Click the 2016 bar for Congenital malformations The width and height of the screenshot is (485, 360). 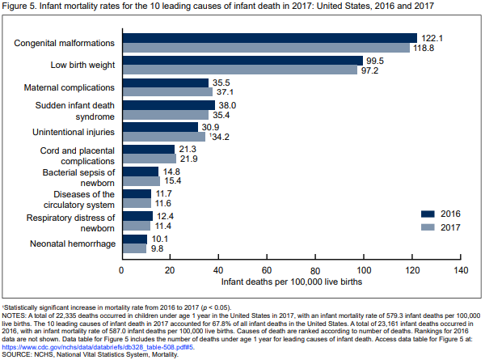tap(269, 38)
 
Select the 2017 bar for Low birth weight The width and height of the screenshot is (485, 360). tap(239, 70)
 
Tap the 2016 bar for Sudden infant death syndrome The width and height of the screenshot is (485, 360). tap(168, 105)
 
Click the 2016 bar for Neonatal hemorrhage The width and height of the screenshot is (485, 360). tap(134, 239)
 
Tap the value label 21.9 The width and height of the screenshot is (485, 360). tap(189, 159)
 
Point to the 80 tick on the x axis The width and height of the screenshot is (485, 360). tap(316, 269)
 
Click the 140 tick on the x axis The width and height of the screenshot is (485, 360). tap(462, 269)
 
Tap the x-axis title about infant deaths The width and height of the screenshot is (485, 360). tap(291, 283)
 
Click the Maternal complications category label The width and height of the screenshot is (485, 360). tap(69, 87)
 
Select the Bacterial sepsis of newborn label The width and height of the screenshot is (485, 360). tap(79, 178)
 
